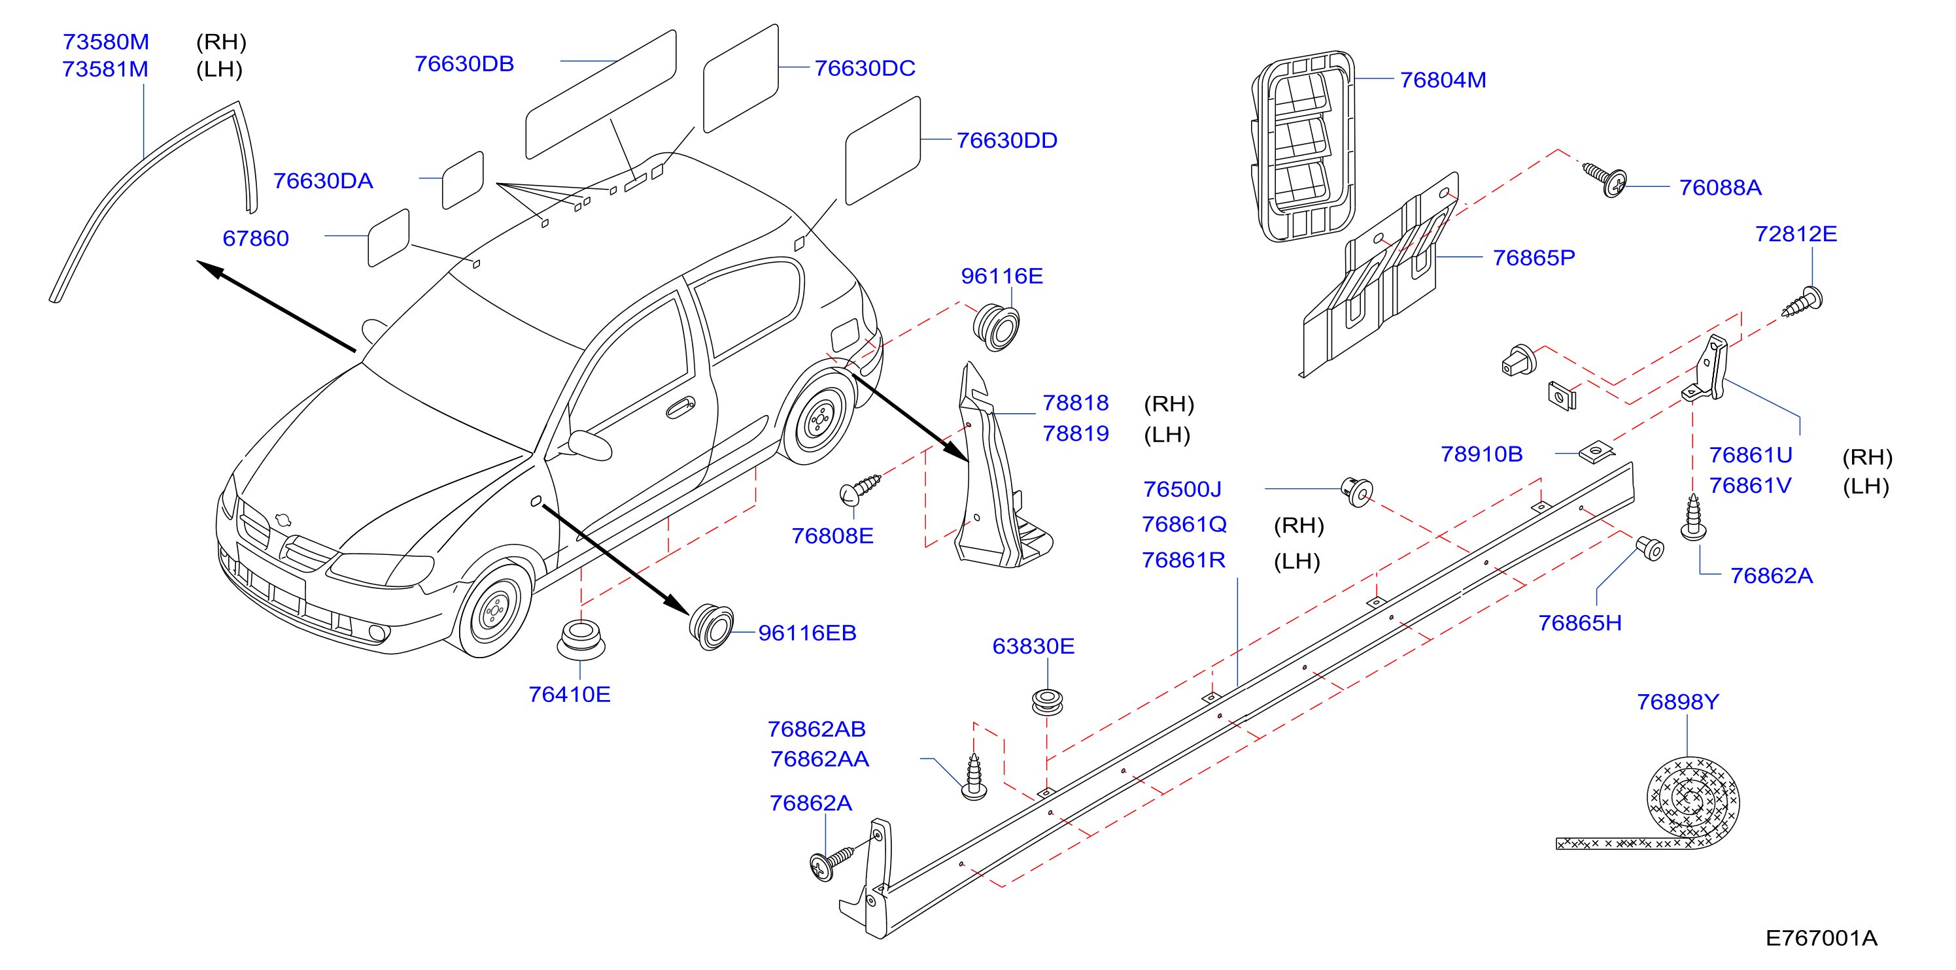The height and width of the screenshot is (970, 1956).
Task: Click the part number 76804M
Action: (x=1443, y=80)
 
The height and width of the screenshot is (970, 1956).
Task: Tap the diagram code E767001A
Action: (x=1821, y=938)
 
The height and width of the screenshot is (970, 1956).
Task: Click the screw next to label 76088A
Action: (x=1604, y=180)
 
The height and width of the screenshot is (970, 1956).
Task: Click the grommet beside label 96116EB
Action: (x=712, y=627)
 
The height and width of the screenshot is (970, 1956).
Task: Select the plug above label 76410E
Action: (x=581, y=639)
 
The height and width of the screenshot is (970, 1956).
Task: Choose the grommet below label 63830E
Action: (x=1047, y=701)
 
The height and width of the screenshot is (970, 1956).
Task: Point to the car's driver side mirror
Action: (x=589, y=446)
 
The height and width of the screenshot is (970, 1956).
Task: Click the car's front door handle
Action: (x=680, y=408)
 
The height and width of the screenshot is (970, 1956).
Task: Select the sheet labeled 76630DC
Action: (x=741, y=78)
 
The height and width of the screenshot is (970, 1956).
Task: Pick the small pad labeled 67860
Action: (x=388, y=239)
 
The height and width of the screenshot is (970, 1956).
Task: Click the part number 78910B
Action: (x=1481, y=454)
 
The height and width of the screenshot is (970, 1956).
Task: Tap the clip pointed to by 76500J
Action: (x=1357, y=492)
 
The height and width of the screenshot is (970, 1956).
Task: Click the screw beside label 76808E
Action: (x=861, y=489)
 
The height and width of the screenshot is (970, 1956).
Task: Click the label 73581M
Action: (x=105, y=69)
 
